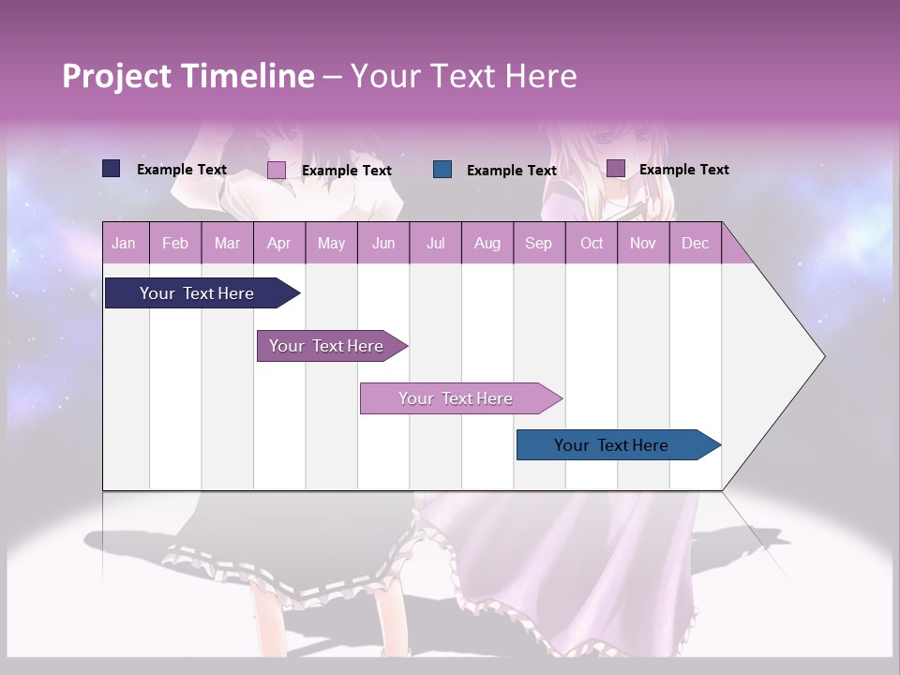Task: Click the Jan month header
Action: [124, 243]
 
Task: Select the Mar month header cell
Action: [227, 243]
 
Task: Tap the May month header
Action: [331, 243]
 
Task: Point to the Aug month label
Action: [487, 243]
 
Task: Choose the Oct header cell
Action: [591, 243]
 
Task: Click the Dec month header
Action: [695, 243]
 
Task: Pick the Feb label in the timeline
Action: [175, 243]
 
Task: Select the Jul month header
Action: [435, 243]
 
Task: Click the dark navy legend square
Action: [112, 169]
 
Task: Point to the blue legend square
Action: [442, 169]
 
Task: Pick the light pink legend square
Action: [277, 170]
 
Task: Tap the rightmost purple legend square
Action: [616, 169]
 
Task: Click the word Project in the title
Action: [116, 76]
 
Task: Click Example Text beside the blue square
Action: [511, 170]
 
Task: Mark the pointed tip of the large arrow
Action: [823, 355]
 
